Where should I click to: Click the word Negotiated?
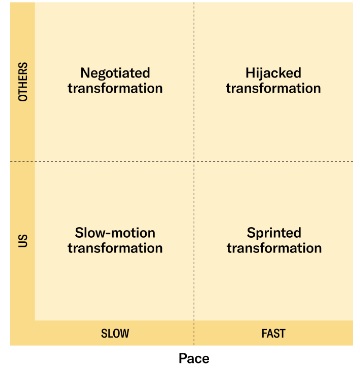click(x=114, y=72)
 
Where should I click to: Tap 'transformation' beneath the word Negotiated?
click(x=114, y=88)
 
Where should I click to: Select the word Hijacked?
click(x=273, y=72)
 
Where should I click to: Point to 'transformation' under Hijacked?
click(x=273, y=88)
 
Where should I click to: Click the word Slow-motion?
click(x=114, y=232)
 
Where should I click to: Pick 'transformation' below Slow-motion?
click(x=114, y=248)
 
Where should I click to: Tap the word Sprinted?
click(x=273, y=232)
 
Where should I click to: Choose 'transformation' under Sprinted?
click(x=273, y=248)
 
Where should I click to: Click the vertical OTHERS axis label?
click(x=23, y=82)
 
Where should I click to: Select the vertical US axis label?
click(x=23, y=241)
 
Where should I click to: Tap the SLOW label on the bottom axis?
click(x=114, y=333)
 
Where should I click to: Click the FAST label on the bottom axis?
click(x=273, y=333)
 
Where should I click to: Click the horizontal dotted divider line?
click(x=100, y=161)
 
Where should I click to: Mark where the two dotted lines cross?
click(x=193, y=161)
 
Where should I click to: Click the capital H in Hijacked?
click(x=250, y=72)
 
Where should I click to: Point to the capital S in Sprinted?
click(x=251, y=232)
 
